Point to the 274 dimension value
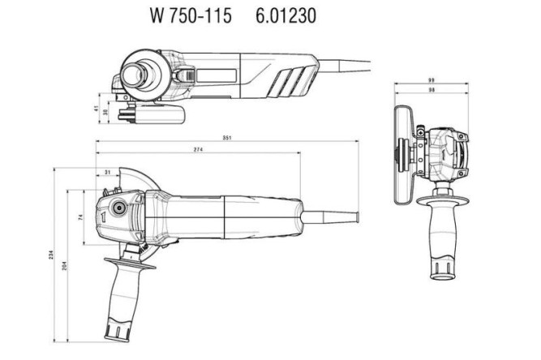point(198,151)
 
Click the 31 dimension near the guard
point(108,172)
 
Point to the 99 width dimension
point(432,82)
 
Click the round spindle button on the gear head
point(116,208)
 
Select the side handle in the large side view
point(127,296)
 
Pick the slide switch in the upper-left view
point(219,75)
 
